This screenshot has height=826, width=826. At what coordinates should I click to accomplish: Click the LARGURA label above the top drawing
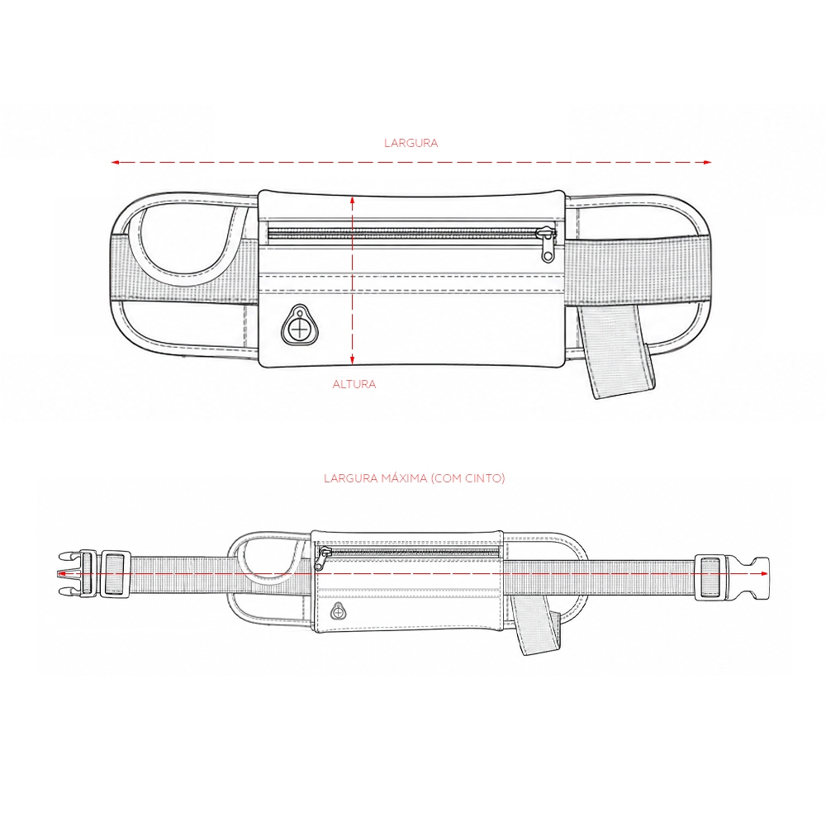(411, 143)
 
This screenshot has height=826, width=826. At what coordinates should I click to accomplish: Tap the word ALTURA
(354, 385)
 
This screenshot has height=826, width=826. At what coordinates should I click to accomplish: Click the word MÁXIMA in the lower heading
(404, 477)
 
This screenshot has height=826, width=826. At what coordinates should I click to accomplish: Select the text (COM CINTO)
(468, 478)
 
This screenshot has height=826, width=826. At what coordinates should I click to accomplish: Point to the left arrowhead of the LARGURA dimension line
(116, 162)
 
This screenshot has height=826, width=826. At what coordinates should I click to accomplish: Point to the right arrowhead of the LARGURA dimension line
(708, 162)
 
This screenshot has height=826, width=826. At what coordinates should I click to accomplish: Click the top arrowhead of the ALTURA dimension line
(353, 201)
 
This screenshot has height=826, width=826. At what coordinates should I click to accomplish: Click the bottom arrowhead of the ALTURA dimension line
(353, 359)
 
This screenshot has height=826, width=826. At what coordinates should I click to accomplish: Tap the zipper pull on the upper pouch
(547, 244)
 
